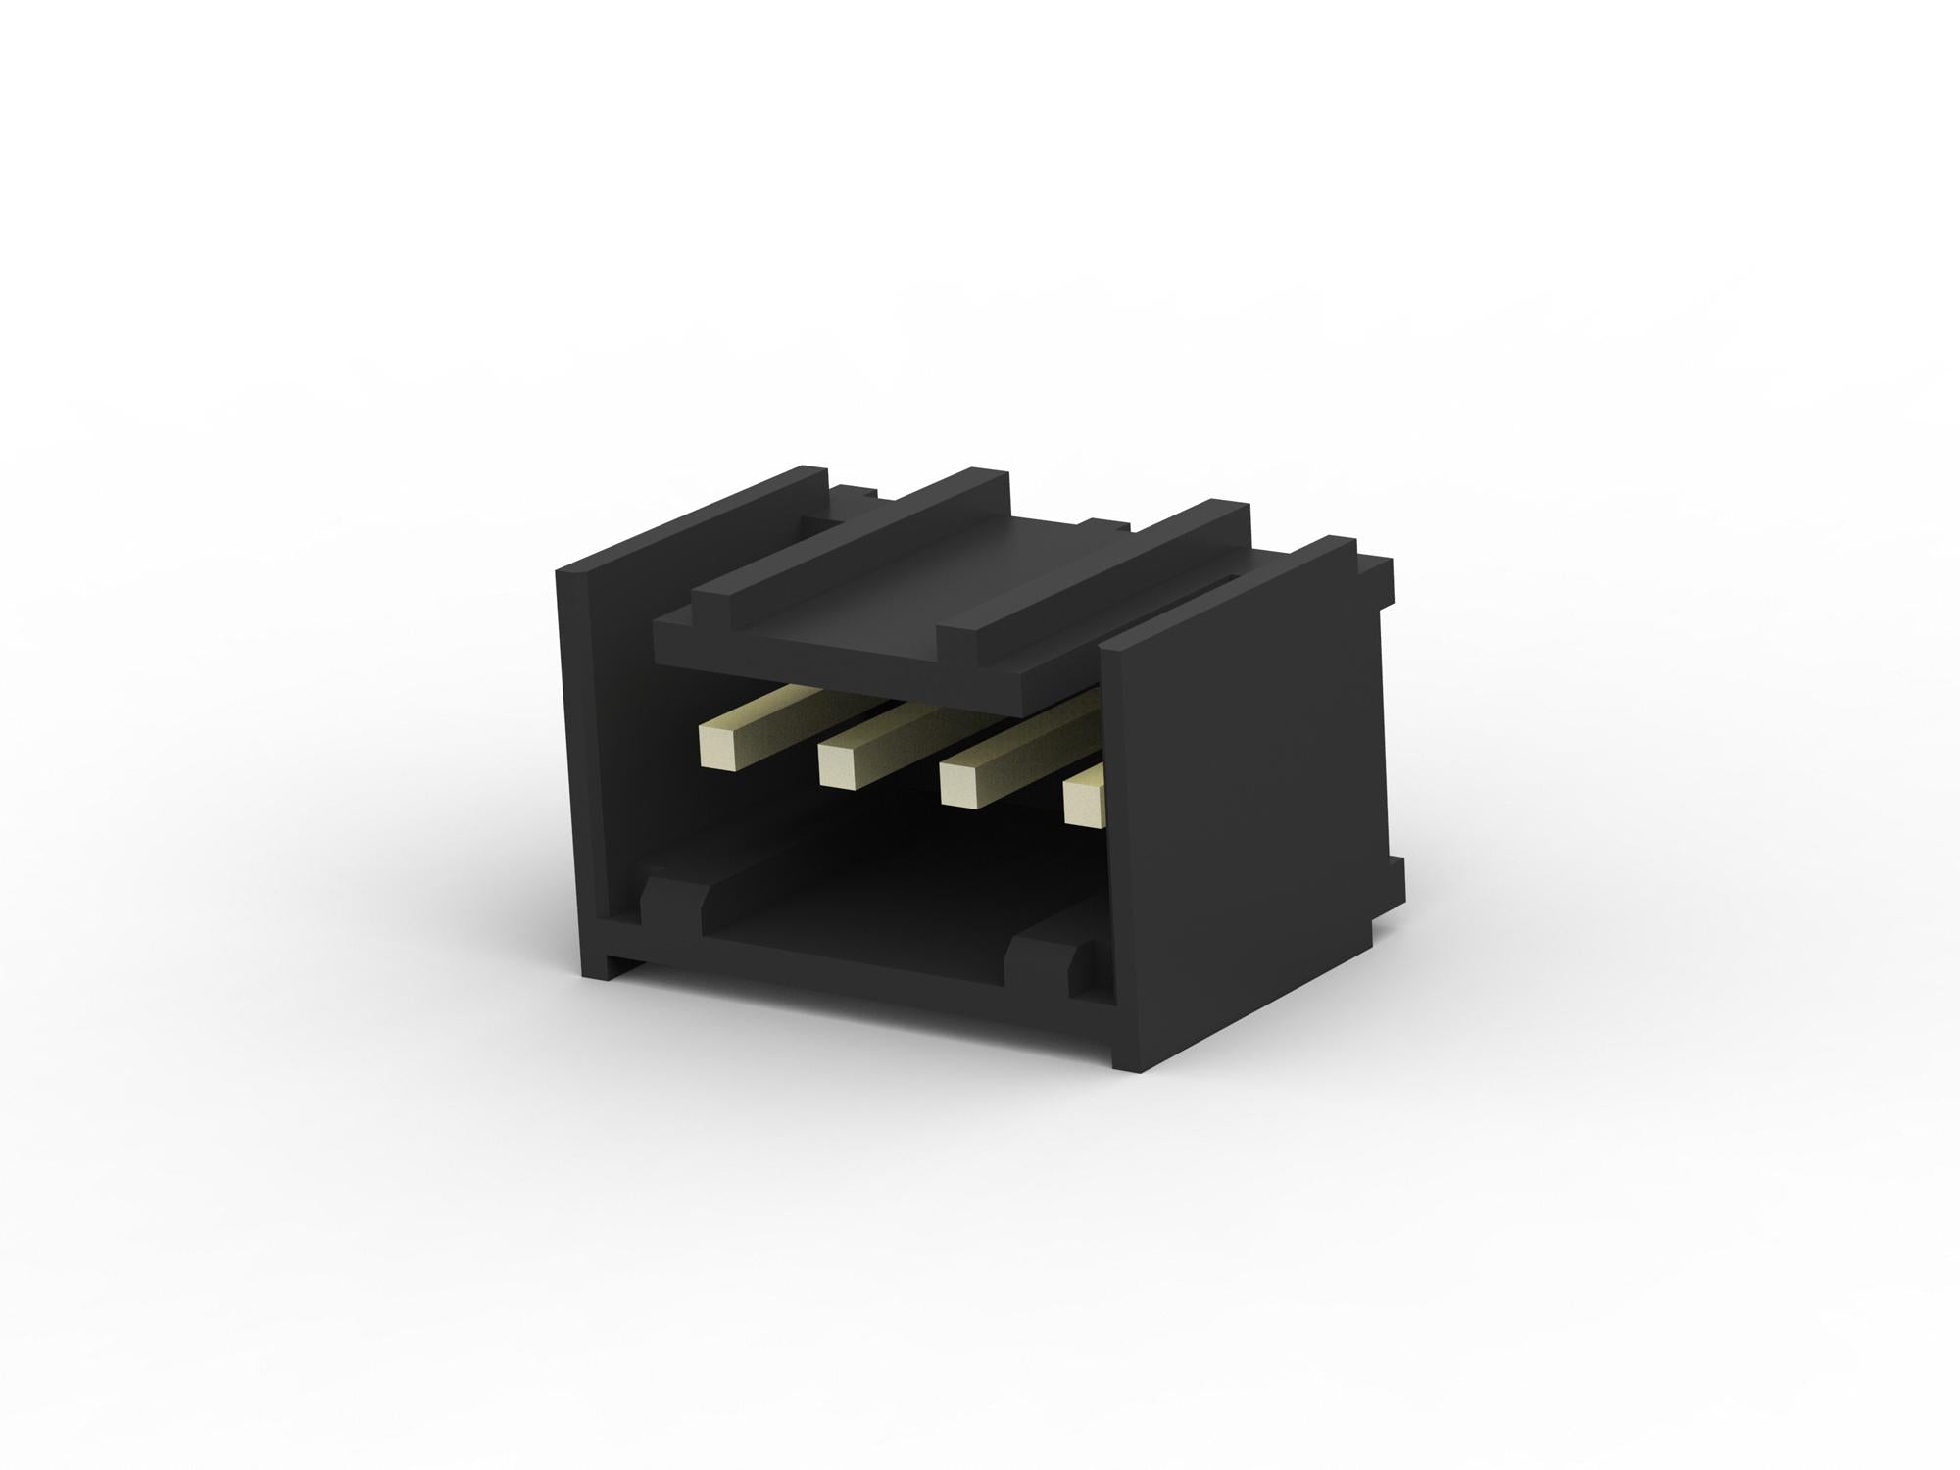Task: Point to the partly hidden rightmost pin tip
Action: coord(1081,796)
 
